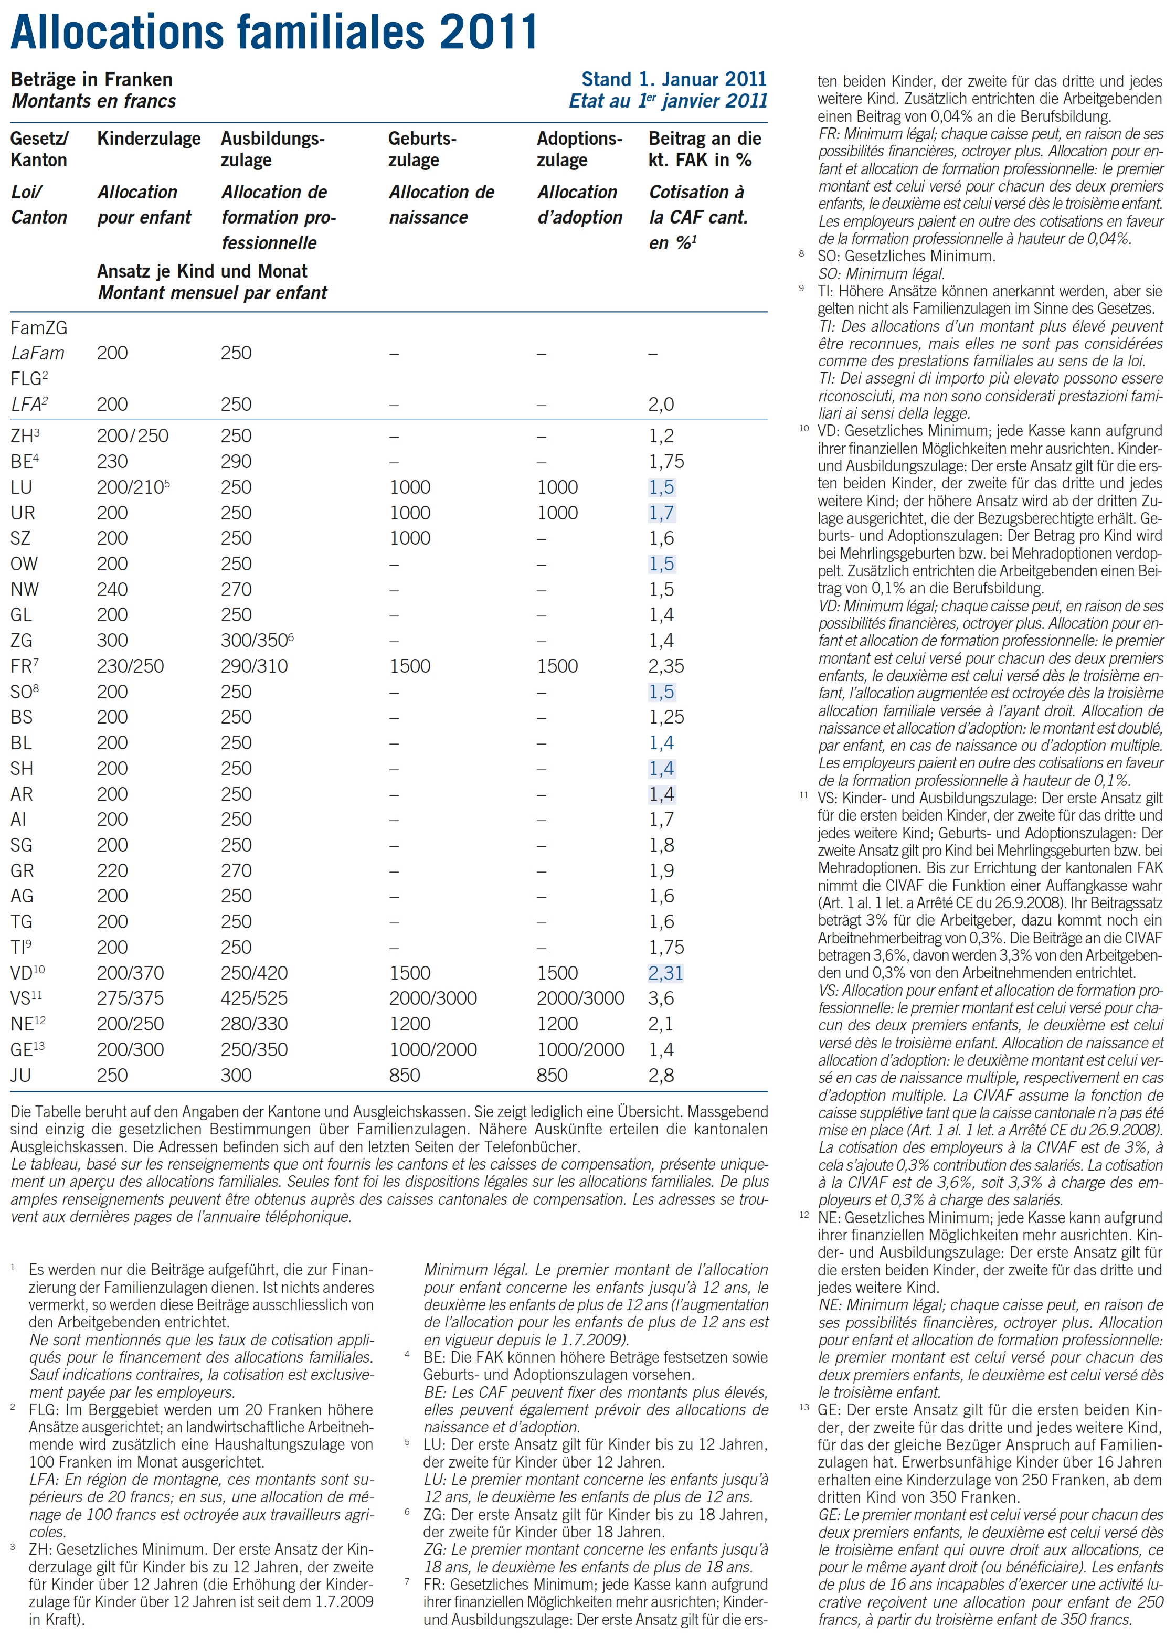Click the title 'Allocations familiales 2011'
click(x=274, y=32)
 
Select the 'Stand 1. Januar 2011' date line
click(x=674, y=79)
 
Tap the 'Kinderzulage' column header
click(x=149, y=139)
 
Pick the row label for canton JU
click(x=21, y=1076)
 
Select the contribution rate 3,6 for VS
click(x=661, y=998)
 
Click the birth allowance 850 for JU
click(x=404, y=1076)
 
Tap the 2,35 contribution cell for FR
click(x=665, y=666)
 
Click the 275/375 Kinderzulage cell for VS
click(x=131, y=998)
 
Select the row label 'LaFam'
click(x=38, y=353)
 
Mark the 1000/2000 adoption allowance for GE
click(x=580, y=1049)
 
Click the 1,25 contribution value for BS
click(x=665, y=717)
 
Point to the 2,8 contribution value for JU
click(x=661, y=1076)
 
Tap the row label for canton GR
click(x=23, y=870)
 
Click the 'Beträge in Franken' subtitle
click(x=92, y=79)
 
